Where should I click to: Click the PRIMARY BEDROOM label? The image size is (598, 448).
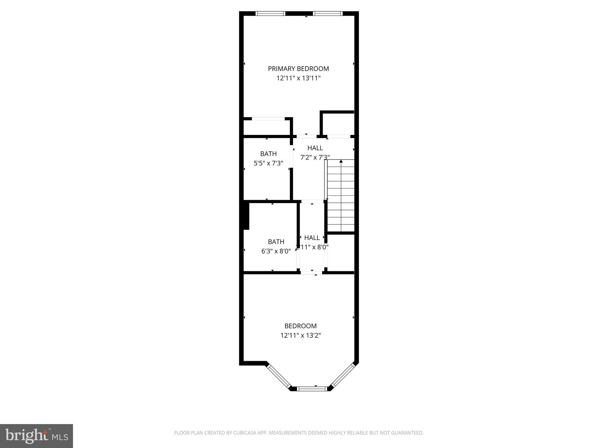[298, 69]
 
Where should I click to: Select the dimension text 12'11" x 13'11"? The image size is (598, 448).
[298, 78]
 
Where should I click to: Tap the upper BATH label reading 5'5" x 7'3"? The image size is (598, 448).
[268, 154]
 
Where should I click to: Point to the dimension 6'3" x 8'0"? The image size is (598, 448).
[276, 251]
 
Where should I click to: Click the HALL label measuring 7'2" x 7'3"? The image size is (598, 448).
[315, 148]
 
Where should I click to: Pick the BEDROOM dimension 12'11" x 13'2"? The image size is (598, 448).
[300, 335]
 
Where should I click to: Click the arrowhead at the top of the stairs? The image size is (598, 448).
[341, 161]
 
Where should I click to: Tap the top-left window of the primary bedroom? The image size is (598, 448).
[270, 13]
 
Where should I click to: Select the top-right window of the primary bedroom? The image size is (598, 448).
[328, 13]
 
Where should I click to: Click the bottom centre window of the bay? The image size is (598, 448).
[312, 388]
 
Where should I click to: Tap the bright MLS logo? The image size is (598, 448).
[36, 436]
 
